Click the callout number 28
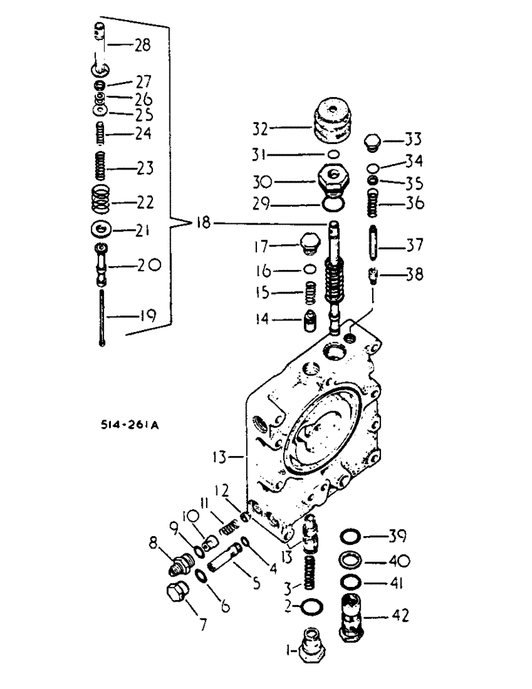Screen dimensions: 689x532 [142, 46]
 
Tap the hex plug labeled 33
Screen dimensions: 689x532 [373, 143]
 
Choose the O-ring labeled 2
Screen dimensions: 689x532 [311, 606]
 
